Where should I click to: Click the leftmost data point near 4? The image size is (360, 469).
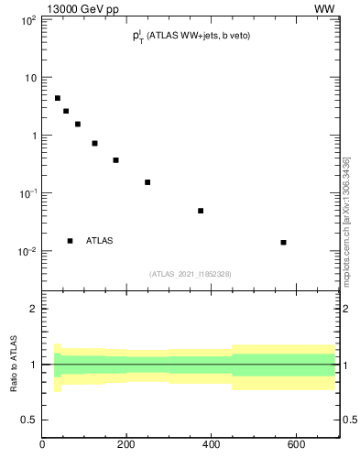click(57, 98)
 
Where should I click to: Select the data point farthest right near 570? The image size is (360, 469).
click(283, 243)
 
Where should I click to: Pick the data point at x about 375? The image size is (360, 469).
click(201, 211)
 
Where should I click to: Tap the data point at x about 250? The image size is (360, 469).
click(147, 182)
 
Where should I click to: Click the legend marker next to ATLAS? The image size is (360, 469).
click(70, 241)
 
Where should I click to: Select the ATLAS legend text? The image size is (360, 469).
click(99, 241)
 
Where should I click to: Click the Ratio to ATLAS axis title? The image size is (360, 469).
click(13, 364)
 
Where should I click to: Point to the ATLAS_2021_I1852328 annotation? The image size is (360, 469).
click(191, 274)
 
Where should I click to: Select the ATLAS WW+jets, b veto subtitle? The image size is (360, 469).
click(191, 36)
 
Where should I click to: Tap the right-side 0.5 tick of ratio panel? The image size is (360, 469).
click(348, 420)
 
